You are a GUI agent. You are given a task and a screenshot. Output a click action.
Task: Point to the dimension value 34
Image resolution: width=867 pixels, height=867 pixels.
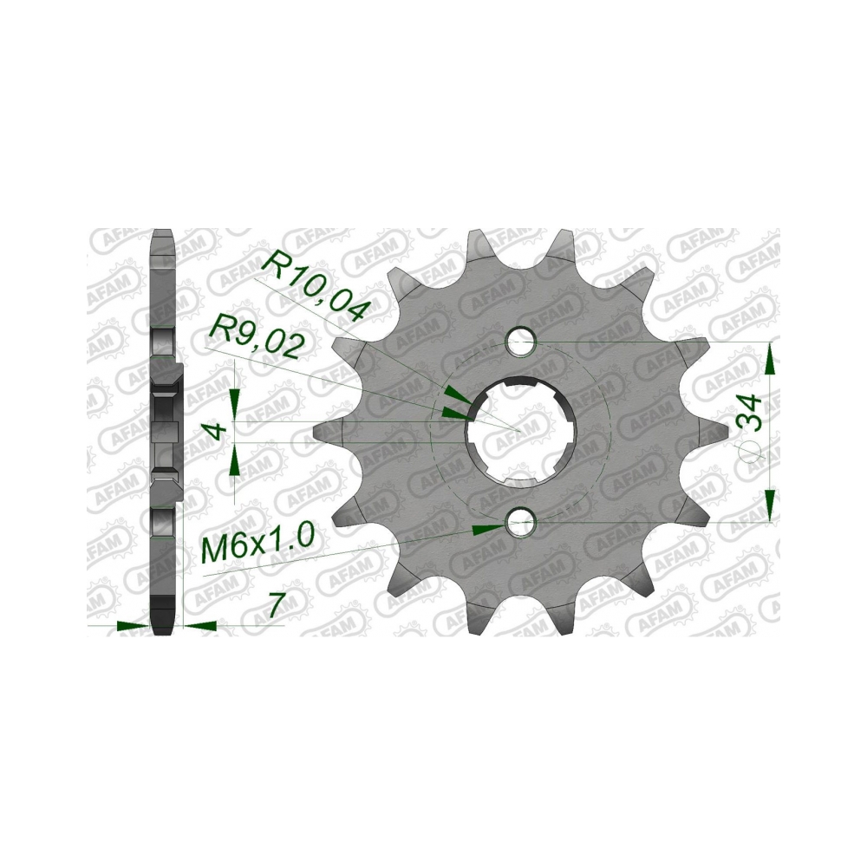751,413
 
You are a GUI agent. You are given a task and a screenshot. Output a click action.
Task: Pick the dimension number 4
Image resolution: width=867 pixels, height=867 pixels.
220,430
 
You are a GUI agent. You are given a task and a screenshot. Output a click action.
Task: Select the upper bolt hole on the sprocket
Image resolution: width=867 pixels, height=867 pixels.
520,341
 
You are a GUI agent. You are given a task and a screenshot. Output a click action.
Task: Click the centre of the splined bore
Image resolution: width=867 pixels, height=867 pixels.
518,431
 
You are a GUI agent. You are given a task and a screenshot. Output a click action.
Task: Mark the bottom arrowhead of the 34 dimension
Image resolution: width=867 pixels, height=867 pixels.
771,506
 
